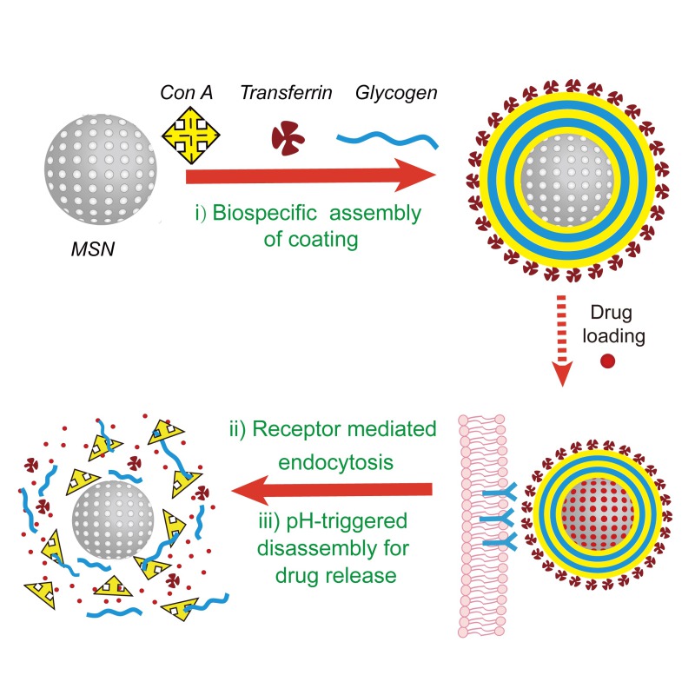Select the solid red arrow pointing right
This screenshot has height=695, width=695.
click(x=313, y=177)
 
